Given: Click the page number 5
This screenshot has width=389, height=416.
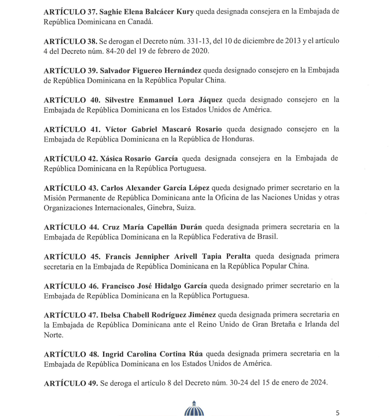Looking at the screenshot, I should [338, 411].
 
